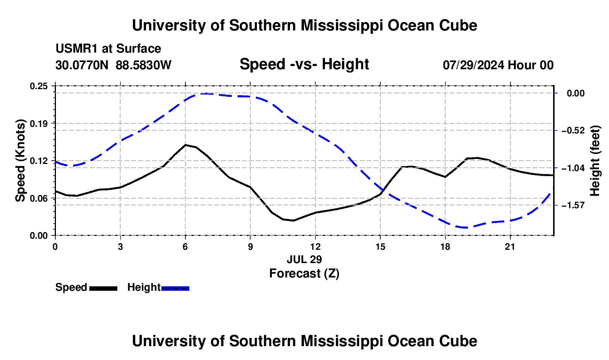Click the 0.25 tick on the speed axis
click(x=38, y=86)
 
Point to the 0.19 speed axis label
click(x=38, y=124)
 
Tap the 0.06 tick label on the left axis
click(x=38, y=198)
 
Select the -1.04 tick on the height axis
click(x=573, y=168)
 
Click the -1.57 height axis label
click(x=573, y=205)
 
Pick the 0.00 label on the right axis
click(x=576, y=93)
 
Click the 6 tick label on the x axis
click(x=185, y=247)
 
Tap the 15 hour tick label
click(x=380, y=247)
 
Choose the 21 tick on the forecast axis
click(x=510, y=247)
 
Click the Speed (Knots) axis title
click(x=20, y=161)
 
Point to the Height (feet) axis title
click(x=595, y=161)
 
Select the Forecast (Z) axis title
click(x=304, y=274)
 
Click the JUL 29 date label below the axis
click(x=304, y=259)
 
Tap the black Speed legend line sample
click(x=104, y=289)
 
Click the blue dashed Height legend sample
click(x=175, y=289)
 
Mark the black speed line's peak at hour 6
click(x=185, y=145)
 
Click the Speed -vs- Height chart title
click(x=304, y=64)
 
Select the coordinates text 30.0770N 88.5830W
click(x=113, y=65)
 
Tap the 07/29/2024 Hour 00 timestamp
click(x=498, y=65)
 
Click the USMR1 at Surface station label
click(x=109, y=49)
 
